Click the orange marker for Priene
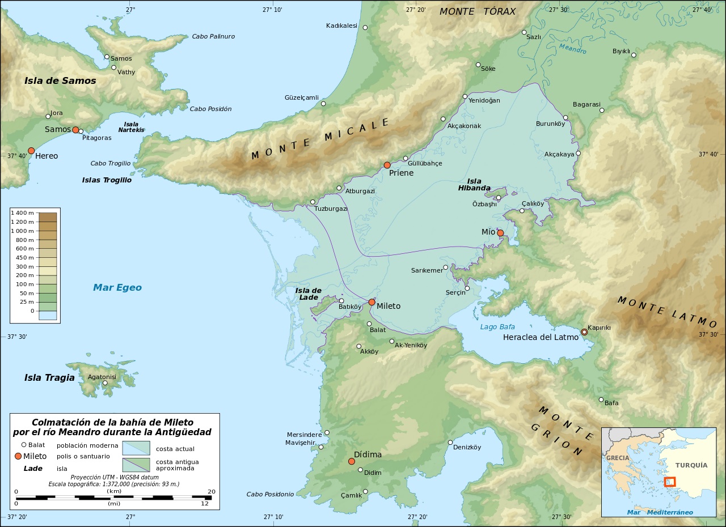(x=387, y=165)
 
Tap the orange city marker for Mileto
(x=372, y=303)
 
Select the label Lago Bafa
(x=497, y=327)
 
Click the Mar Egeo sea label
(x=117, y=288)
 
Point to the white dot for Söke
(x=478, y=65)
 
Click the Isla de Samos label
(x=60, y=80)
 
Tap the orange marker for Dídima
(x=352, y=461)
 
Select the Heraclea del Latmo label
(x=541, y=337)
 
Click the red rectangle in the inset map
(x=670, y=482)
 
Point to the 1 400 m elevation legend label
(x=23, y=212)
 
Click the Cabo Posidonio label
(x=270, y=494)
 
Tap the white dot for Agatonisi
(x=105, y=383)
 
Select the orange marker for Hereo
(x=31, y=151)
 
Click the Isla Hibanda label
(x=474, y=185)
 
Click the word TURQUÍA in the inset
(x=691, y=465)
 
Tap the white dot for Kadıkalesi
(x=365, y=28)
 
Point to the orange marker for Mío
(x=500, y=233)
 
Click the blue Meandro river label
(x=572, y=49)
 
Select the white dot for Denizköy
(x=450, y=443)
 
